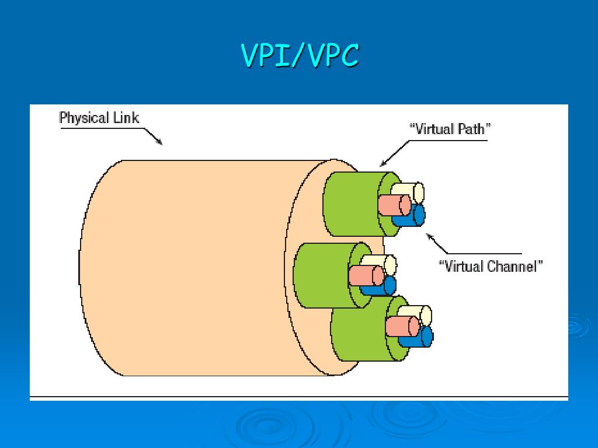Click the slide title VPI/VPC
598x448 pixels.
299,57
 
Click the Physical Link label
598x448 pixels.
99,118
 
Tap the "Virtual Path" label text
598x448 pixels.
449,129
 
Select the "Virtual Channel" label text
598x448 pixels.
491,267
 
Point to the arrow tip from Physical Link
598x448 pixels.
161,143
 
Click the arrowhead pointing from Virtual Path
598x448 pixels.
381,166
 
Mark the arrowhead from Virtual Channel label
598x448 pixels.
428,236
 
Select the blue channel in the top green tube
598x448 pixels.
413,216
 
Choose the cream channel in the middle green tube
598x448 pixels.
382,264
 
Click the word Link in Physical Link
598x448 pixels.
127,118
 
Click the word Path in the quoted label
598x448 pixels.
472,129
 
